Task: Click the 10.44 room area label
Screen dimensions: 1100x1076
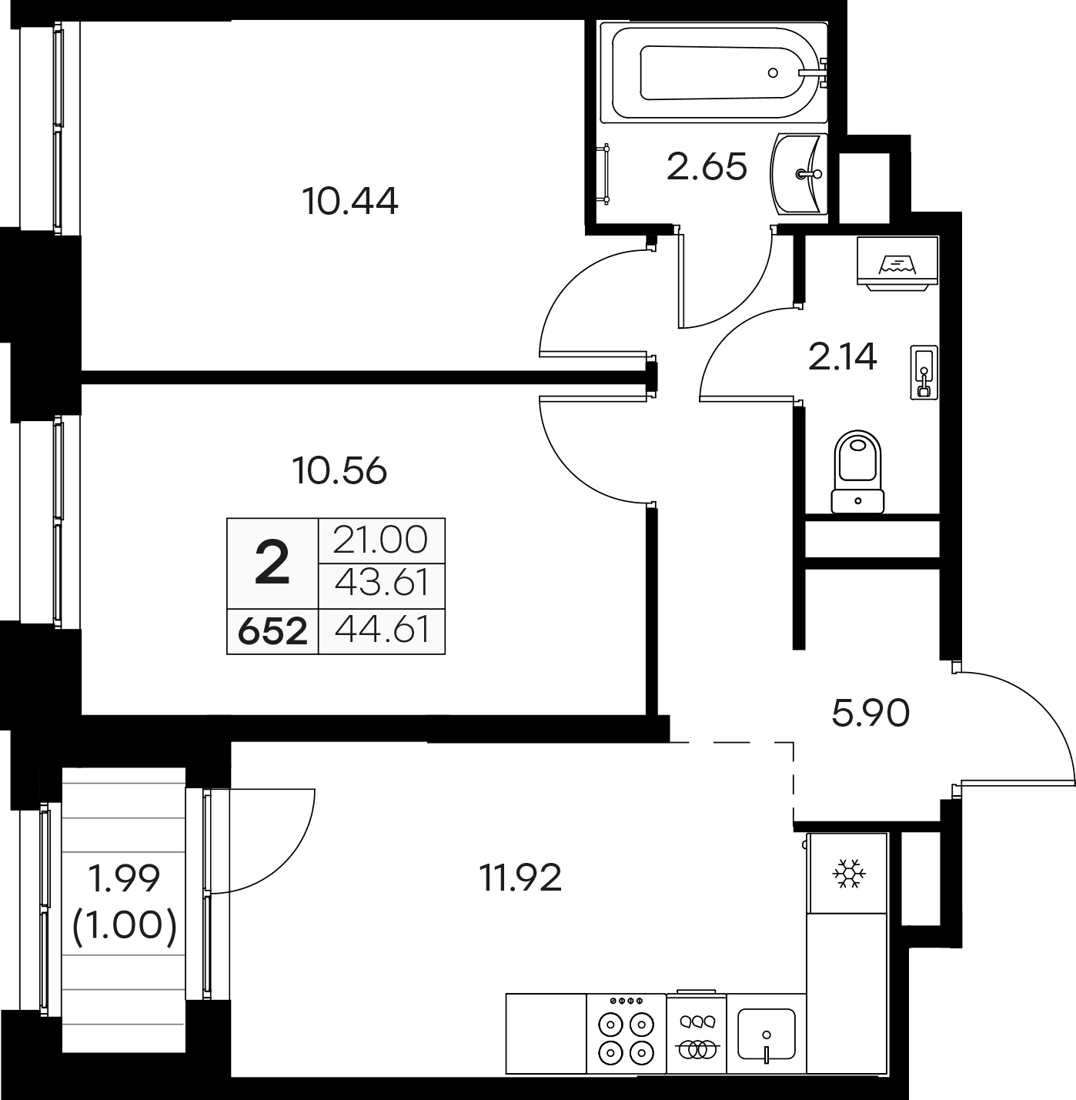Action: point(350,202)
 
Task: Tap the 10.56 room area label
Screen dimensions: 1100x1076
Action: point(340,470)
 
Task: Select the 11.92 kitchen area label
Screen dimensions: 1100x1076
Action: point(521,877)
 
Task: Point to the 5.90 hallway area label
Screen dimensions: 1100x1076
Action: point(870,713)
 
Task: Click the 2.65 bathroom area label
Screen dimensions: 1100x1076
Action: point(707,166)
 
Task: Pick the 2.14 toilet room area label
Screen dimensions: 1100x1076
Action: point(843,356)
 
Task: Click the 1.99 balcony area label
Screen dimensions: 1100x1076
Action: point(125,878)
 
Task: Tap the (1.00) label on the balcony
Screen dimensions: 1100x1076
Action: point(125,924)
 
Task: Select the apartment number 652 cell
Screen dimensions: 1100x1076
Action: point(272,631)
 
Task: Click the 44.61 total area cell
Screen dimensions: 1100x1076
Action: point(383,630)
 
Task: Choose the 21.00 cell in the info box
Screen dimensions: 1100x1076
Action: point(381,540)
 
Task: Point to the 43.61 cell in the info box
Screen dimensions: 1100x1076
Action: point(382,583)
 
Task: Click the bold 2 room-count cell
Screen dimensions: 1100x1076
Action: point(272,563)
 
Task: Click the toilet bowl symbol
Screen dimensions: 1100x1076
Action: point(858,470)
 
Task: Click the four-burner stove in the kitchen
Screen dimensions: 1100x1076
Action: point(626,1034)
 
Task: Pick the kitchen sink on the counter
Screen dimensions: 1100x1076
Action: point(766,1034)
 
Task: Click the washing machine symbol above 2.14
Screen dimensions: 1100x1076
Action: point(898,262)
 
